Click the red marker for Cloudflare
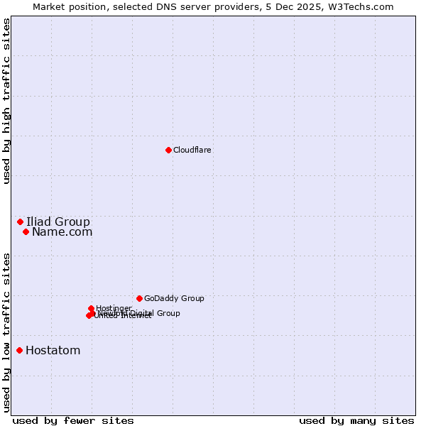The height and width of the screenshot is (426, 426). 168,150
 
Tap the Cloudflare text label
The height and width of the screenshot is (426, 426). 192,150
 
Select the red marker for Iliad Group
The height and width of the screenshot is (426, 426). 20,222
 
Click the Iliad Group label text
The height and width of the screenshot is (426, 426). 58,222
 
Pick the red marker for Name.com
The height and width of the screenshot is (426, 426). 26,231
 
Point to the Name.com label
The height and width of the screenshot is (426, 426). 62,231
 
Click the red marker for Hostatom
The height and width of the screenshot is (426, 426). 19,350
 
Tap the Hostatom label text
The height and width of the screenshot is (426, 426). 53,350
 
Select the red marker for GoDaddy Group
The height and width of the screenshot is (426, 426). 139,298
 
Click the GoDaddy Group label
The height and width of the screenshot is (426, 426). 174,298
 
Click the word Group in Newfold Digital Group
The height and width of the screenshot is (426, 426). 168,313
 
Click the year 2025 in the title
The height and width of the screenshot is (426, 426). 322,6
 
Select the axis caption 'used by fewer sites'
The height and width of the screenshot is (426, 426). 73,420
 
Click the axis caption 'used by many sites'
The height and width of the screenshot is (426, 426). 356,420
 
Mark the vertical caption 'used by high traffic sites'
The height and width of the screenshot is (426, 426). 6,101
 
